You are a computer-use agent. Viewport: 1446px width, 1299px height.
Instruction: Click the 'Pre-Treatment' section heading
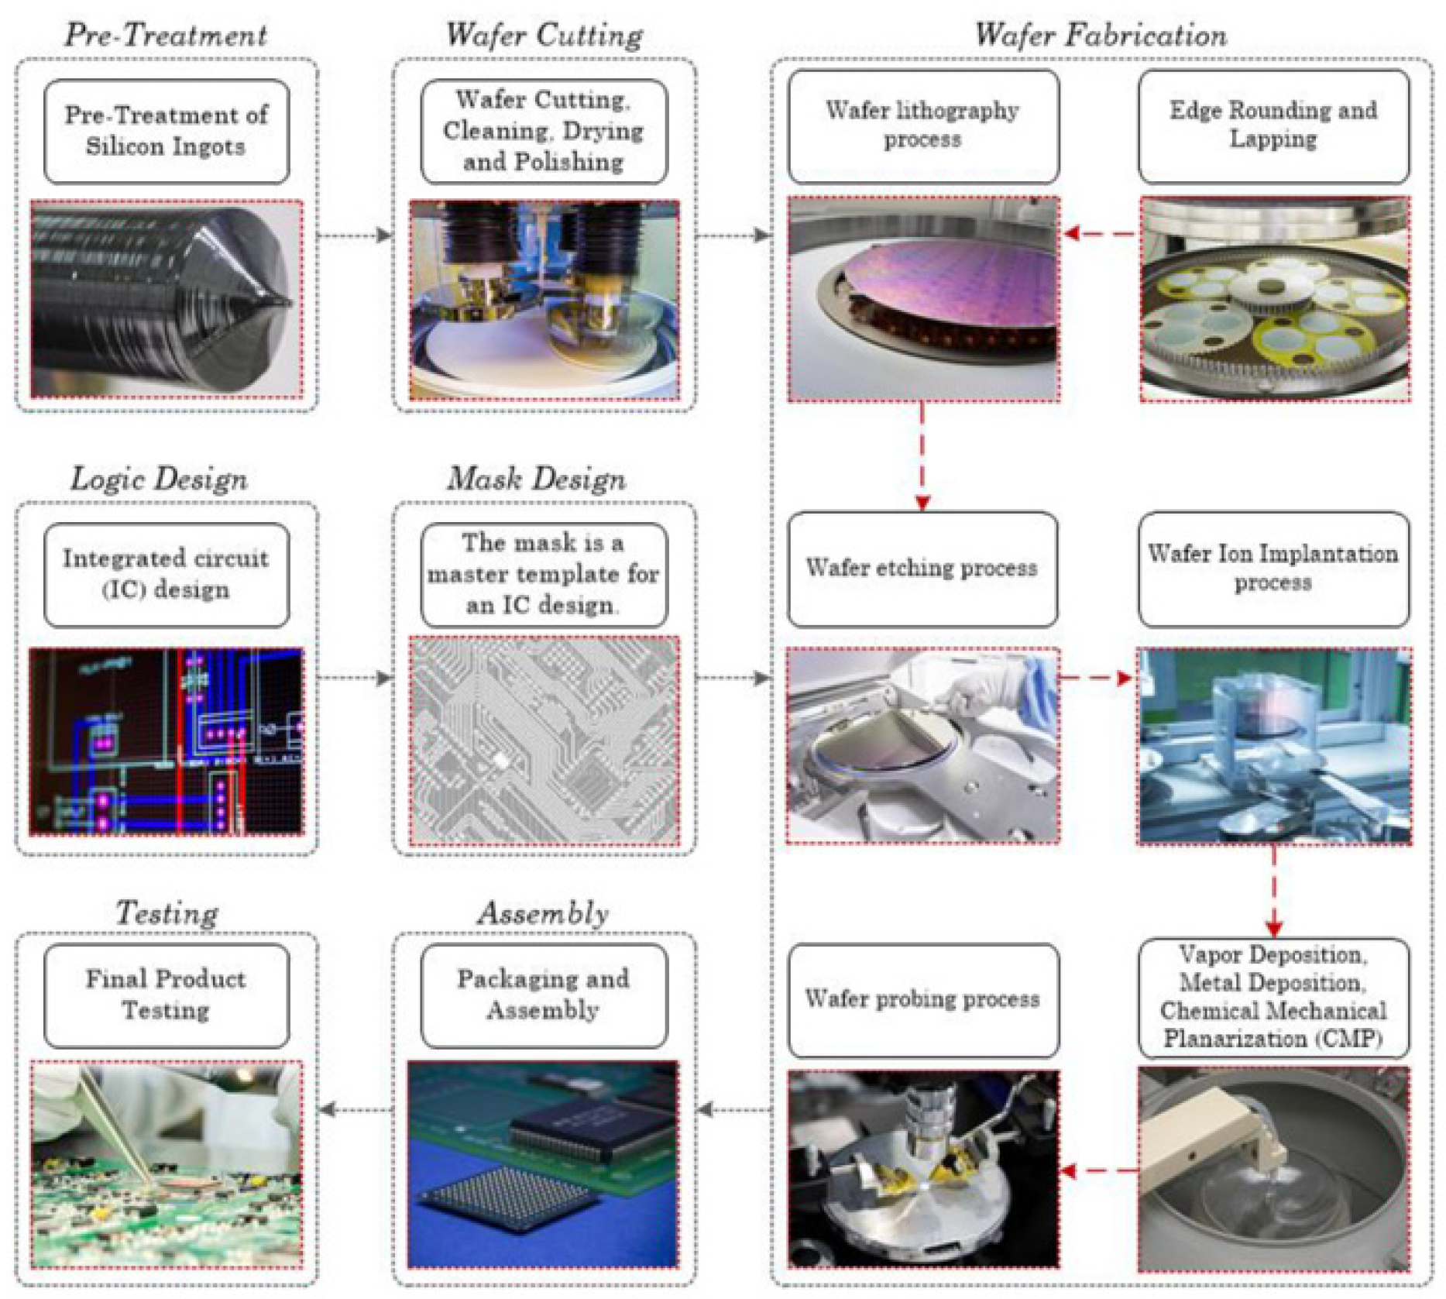(x=166, y=35)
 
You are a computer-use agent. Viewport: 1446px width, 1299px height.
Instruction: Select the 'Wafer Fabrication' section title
(x=1100, y=35)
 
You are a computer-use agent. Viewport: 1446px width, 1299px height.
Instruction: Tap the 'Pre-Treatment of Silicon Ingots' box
(x=167, y=131)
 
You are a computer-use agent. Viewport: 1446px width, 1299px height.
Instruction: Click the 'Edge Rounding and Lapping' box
(x=1273, y=125)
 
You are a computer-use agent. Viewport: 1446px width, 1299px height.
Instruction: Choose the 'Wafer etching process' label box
(x=922, y=568)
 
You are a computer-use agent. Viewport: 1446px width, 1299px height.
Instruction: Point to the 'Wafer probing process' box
(x=922, y=998)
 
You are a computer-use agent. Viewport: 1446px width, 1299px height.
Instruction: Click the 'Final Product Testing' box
(x=167, y=995)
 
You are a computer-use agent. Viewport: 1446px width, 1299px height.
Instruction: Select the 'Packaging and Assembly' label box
(x=543, y=995)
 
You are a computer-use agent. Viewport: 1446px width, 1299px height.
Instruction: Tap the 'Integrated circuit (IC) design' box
(x=167, y=574)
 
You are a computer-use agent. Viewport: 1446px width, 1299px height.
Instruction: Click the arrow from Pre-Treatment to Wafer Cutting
(x=355, y=235)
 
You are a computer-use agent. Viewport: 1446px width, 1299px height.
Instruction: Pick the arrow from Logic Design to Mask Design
(x=355, y=679)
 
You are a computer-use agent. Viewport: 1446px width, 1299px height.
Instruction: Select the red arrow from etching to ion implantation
(x=1097, y=679)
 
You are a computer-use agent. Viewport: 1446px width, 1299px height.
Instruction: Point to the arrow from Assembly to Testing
(x=355, y=1110)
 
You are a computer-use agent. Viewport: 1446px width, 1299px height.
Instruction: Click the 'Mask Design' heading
(x=536, y=479)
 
